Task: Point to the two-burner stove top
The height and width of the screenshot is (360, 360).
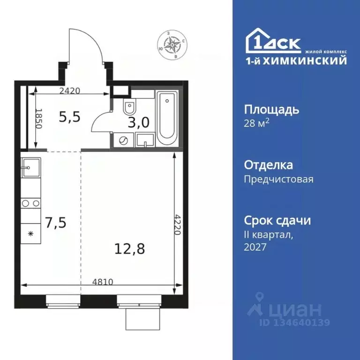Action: click(30, 203)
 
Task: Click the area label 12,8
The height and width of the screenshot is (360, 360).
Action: click(130, 248)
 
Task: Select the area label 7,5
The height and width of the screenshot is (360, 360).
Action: click(56, 222)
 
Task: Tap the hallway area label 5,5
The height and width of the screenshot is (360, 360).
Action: click(69, 117)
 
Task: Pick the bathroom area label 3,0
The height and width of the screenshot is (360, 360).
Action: click(139, 123)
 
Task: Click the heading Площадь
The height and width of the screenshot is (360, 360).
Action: click(271, 110)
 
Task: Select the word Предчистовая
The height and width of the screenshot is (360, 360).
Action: click(278, 179)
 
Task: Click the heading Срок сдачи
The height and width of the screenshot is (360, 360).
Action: click(277, 220)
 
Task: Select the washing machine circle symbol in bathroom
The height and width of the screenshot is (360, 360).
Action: click(123, 139)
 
